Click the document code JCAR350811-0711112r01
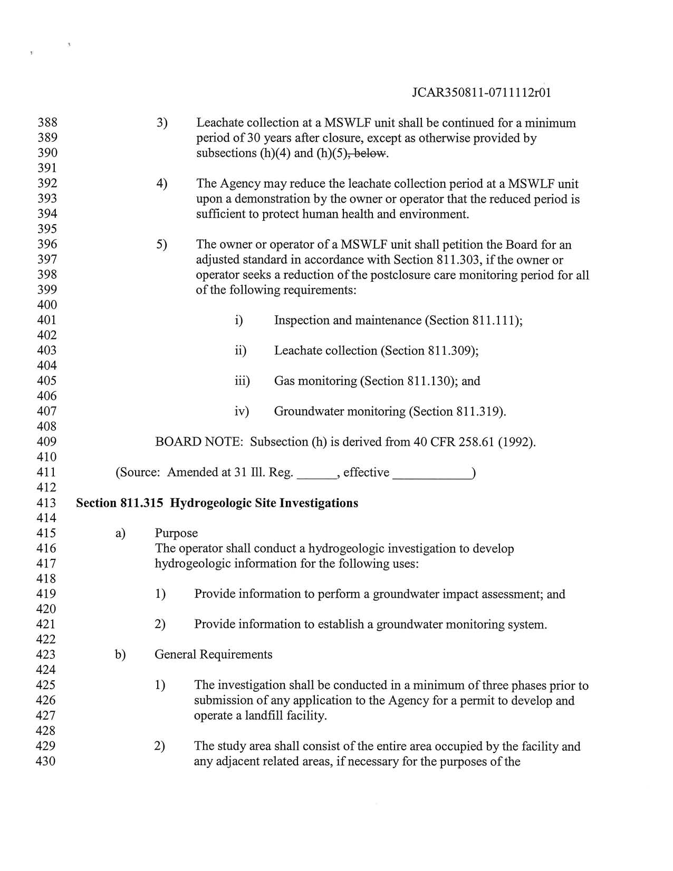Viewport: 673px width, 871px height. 481,93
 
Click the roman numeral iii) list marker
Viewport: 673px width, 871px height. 242,381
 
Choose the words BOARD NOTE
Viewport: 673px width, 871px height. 198,442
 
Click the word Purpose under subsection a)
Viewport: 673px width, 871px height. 176,533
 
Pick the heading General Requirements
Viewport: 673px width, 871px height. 214,655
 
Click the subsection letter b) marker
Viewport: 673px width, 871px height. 120,655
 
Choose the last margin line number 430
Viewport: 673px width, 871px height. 46,761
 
